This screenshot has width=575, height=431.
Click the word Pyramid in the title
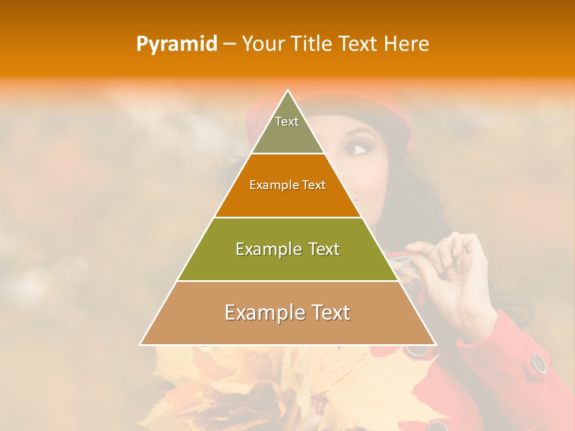click(177, 44)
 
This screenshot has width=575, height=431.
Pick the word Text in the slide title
click(359, 44)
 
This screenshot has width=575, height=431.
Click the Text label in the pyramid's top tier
click(287, 122)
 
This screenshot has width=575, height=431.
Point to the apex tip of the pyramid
click(287, 91)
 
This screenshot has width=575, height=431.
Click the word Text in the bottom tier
click(328, 312)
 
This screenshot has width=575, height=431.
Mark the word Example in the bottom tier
click(261, 312)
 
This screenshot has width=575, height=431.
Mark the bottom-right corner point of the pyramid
click(435, 345)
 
